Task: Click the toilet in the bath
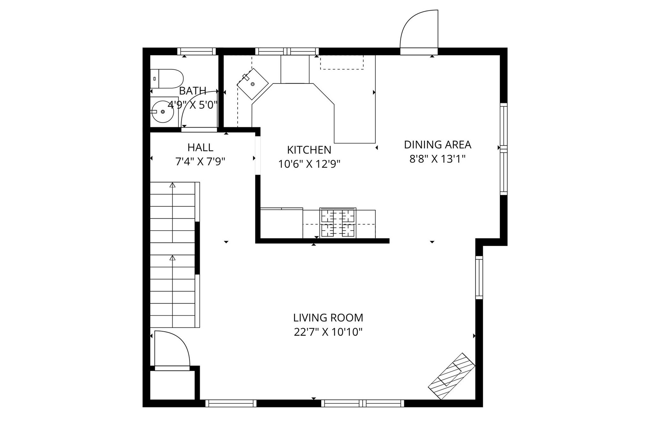point(166,79)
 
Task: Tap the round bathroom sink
point(163,112)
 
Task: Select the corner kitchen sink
point(253,84)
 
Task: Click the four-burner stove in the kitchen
point(338,223)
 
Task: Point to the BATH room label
point(193,91)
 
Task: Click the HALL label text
point(200,148)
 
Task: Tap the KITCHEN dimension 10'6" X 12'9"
point(309,164)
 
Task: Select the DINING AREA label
point(437,145)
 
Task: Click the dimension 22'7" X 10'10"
point(328,332)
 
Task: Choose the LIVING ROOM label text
point(328,318)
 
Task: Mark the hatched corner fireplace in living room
point(451,376)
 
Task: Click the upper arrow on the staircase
point(172,185)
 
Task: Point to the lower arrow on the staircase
point(172,258)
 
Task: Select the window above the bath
point(196,51)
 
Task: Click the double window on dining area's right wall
point(503,149)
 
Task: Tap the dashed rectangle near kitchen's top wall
point(342,62)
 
